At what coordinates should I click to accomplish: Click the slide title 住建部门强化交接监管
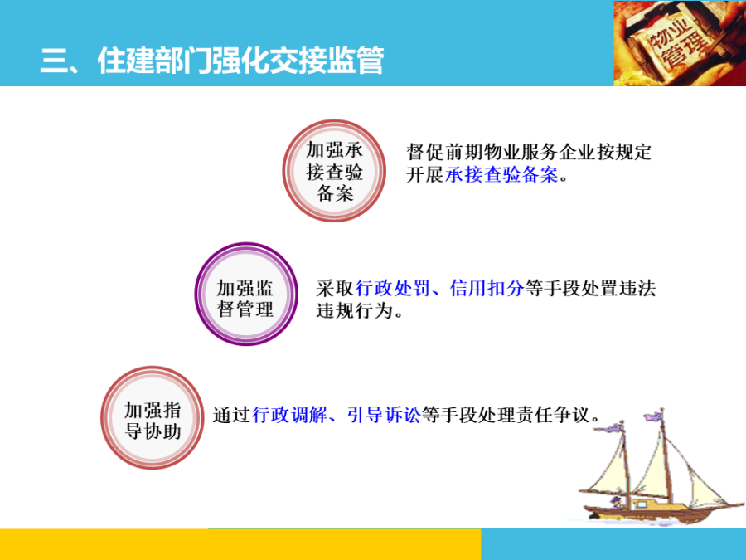pos(211,61)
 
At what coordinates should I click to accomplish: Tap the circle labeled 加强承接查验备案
pos(335,172)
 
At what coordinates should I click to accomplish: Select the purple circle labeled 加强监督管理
pos(245,295)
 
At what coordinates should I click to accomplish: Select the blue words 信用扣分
pos(487,288)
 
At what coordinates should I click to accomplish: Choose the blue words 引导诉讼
pos(384,415)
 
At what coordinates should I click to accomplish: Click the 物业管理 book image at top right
pos(679,43)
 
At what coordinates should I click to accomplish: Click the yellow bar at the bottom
pos(240,544)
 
